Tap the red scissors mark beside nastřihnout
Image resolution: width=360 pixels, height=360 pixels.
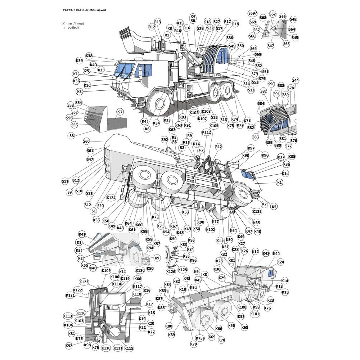(x=64, y=23)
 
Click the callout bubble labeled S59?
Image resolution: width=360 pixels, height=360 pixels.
(x=253, y=13)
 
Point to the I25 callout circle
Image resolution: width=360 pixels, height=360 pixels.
(x=86, y=71)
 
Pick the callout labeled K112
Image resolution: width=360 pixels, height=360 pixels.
(x=206, y=132)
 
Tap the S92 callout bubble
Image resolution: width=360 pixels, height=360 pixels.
(x=165, y=139)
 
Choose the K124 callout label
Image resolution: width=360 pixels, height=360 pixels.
(x=111, y=198)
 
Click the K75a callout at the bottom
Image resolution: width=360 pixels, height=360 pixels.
(x=200, y=338)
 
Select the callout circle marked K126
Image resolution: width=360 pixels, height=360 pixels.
(x=171, y=271)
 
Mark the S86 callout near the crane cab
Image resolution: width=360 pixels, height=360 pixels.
(x=230, y=38)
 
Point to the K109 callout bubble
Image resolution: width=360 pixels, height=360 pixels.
(x=106, y=271)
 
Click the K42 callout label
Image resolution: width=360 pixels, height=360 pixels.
(x=266, y=253)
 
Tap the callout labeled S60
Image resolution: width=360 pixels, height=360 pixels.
(x=86, y=141)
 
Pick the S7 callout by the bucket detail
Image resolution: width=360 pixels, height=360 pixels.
(x=120, y=112)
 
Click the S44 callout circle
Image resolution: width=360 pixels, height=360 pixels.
(x=295, y=80)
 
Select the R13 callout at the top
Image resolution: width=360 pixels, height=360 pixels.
(x=157, y=22)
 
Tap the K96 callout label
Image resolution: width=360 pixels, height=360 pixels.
(x=265, y=155)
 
